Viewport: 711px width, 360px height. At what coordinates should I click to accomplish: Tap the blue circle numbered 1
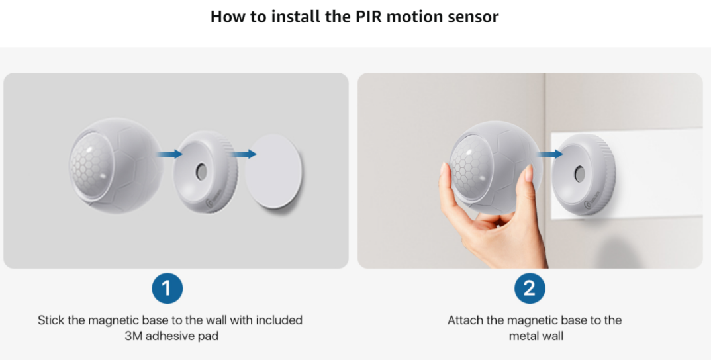tap(167, 289)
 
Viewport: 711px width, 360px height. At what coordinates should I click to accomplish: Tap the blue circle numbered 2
tap(530, 289)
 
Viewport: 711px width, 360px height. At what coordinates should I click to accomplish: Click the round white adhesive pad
tap(273, 171)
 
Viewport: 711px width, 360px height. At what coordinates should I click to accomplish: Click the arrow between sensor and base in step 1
tap(169, 154)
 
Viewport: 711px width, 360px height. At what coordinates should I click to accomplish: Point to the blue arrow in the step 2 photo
tap(549, 154)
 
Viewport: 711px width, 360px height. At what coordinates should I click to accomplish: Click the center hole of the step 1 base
tap(201, 172)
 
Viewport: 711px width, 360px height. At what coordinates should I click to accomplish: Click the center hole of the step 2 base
tap(579, 174)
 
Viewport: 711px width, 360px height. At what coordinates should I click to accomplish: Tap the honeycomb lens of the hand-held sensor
tap(471, 166)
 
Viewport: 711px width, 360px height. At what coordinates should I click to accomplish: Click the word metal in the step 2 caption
tap(523, 336)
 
